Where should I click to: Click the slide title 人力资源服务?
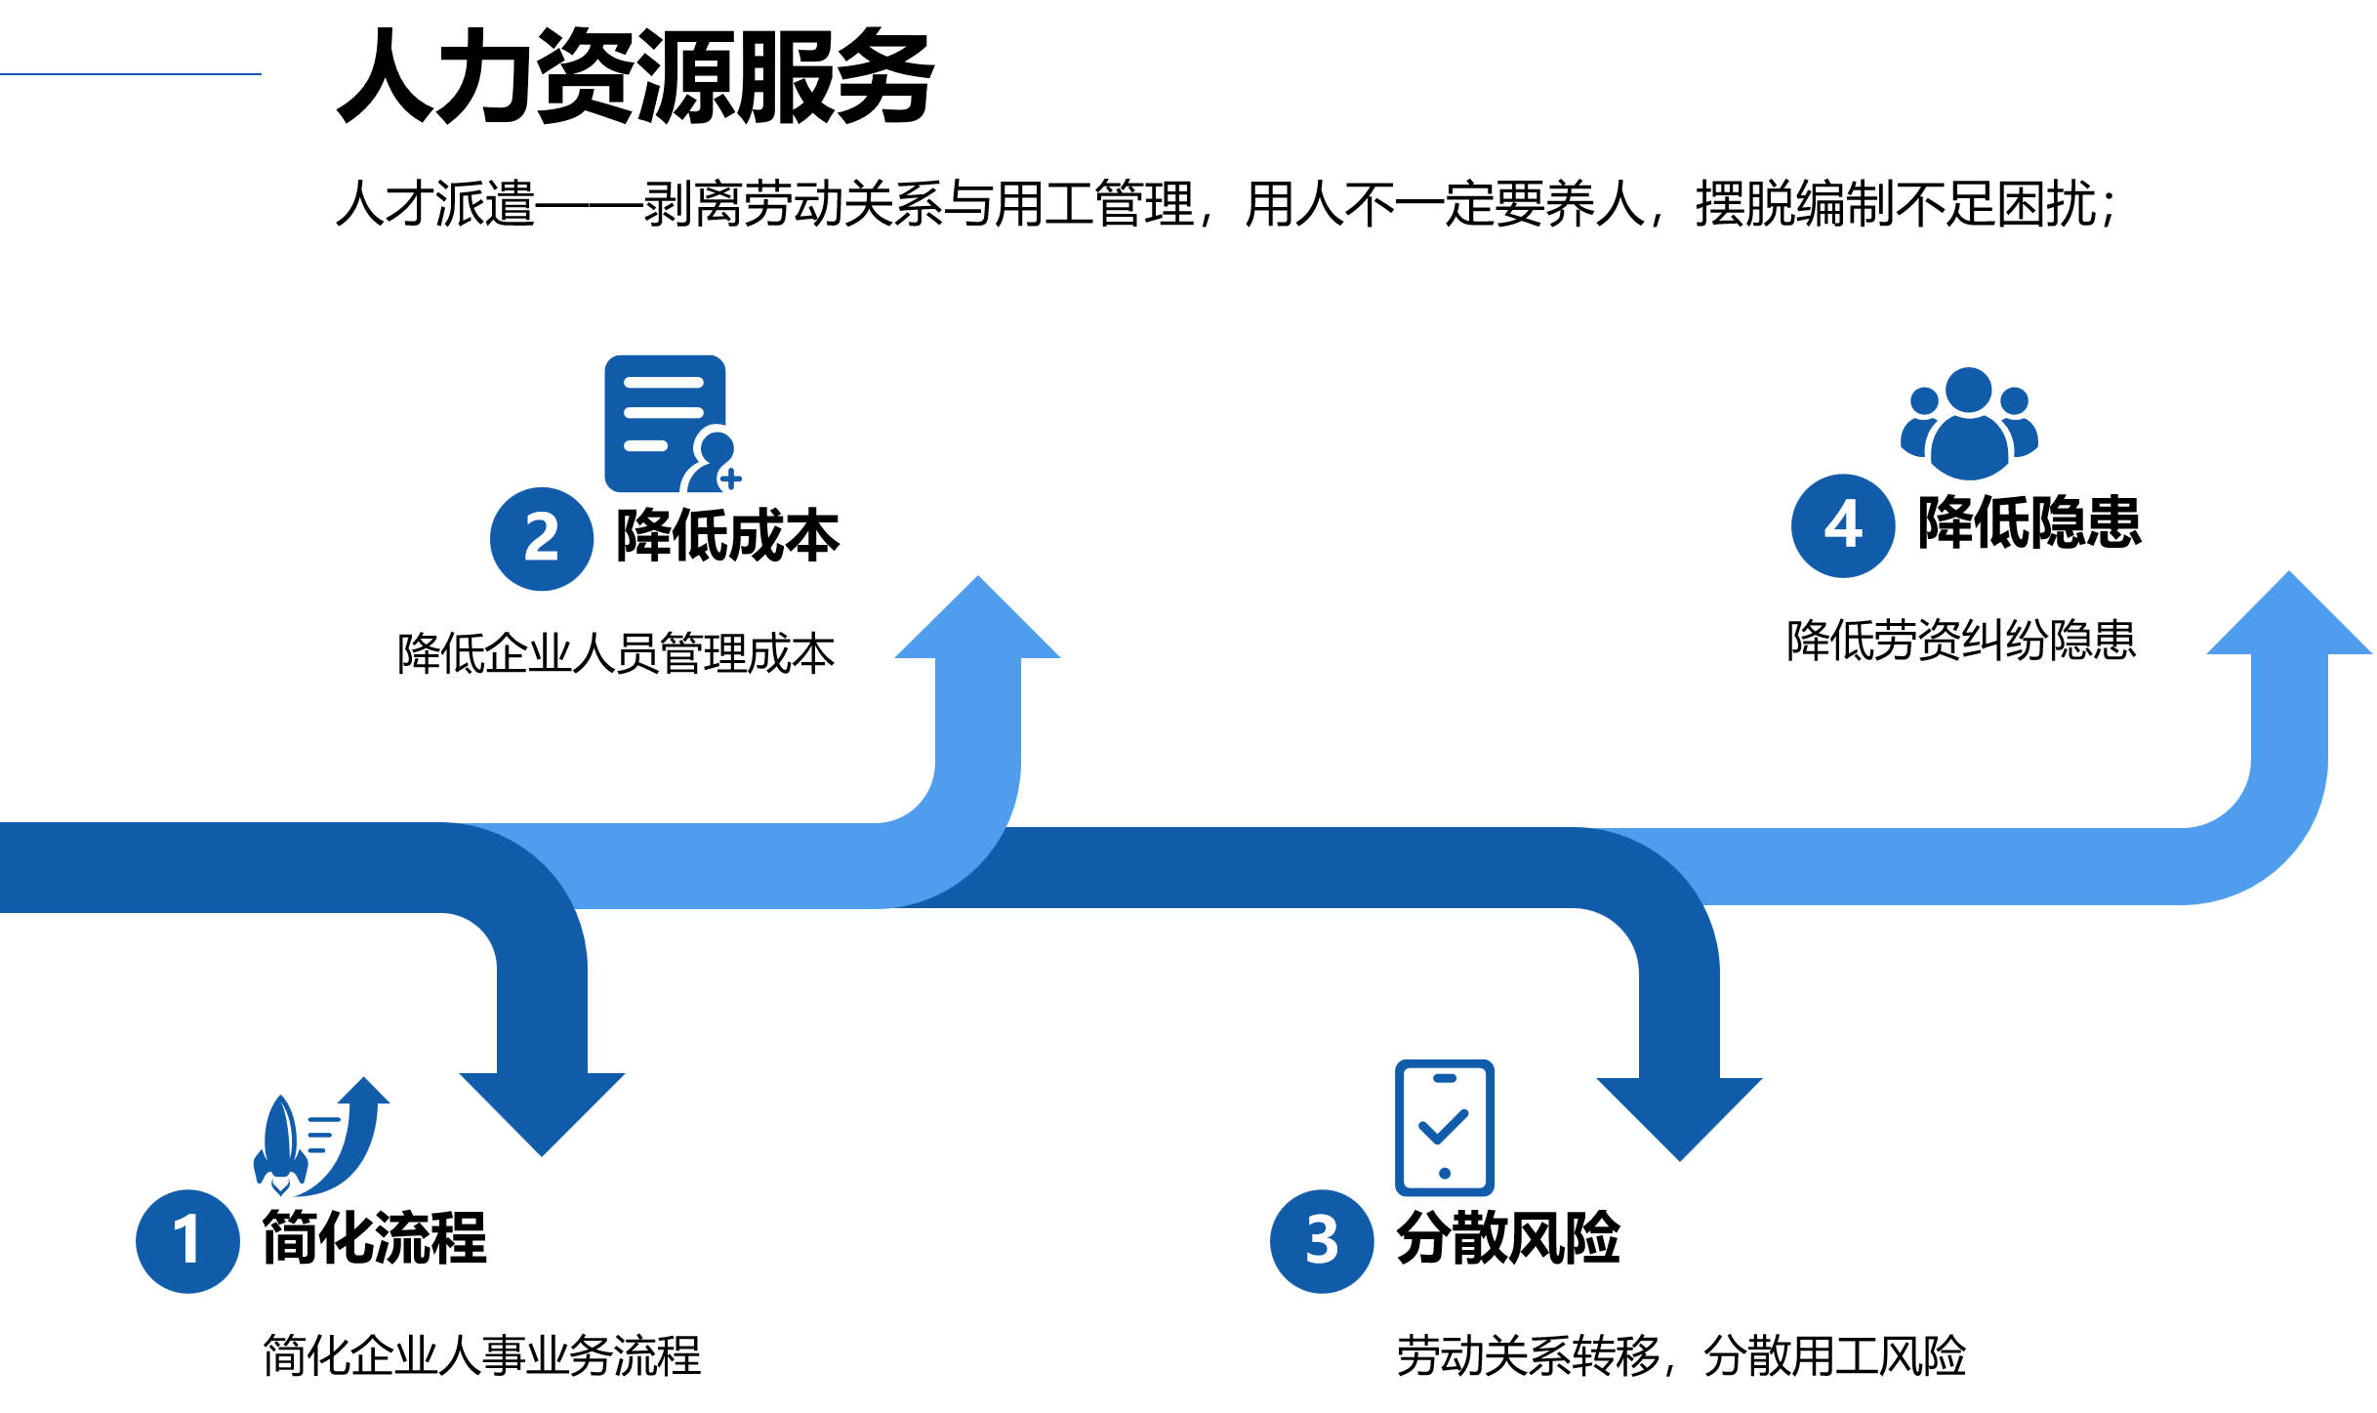point(635,76)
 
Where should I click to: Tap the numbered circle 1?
point(187,1240)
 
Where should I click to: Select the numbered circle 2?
point(541,538)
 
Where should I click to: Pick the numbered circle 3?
point(1322,1240)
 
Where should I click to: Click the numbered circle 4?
point(1842,525)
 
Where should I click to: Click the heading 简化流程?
point(375,1238)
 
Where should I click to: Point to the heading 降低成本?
point(727,535)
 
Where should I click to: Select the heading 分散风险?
point(1508,1238)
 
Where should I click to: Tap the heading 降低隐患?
point(2029,522)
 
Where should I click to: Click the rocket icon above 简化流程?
point(317,1138)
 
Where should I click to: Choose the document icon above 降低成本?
point(670,423)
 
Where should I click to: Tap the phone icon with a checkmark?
point(1445,1127)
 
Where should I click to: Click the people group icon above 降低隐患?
point(1968,423)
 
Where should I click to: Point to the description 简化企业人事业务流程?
point(481,1355)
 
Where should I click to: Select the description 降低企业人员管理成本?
point(615,653)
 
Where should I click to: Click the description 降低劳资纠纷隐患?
point(1960,641)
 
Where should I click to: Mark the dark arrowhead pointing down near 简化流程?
point(542,1108)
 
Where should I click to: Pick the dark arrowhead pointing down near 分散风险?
point(1679,1113)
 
